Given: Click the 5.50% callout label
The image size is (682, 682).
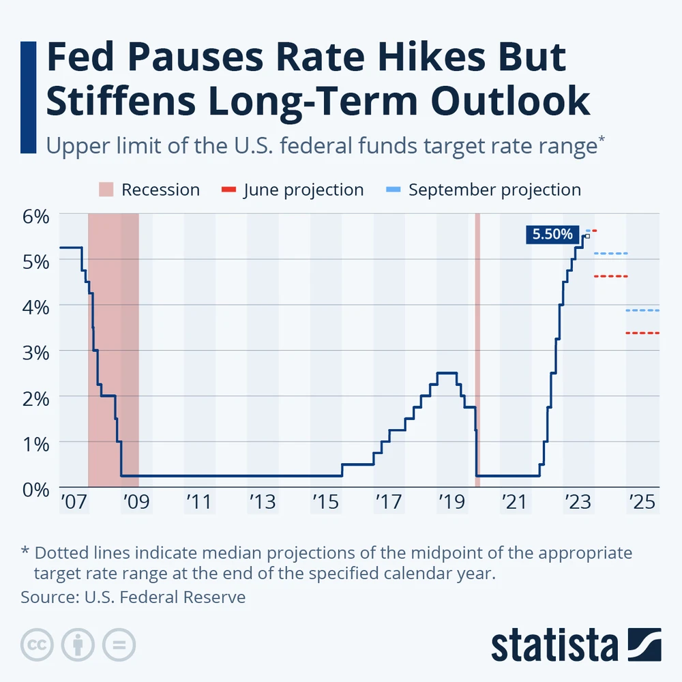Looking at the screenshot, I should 552,235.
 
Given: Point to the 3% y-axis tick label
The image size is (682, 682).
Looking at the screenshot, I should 35,352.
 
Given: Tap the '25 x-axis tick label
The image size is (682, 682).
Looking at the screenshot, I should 641,503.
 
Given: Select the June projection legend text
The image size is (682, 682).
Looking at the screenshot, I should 303,190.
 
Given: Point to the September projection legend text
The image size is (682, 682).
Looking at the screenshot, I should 494,190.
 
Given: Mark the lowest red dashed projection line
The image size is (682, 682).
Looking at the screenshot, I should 642,333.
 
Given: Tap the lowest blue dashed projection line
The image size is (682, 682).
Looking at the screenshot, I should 642,310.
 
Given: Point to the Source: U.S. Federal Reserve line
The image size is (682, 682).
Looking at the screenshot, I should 133,597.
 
